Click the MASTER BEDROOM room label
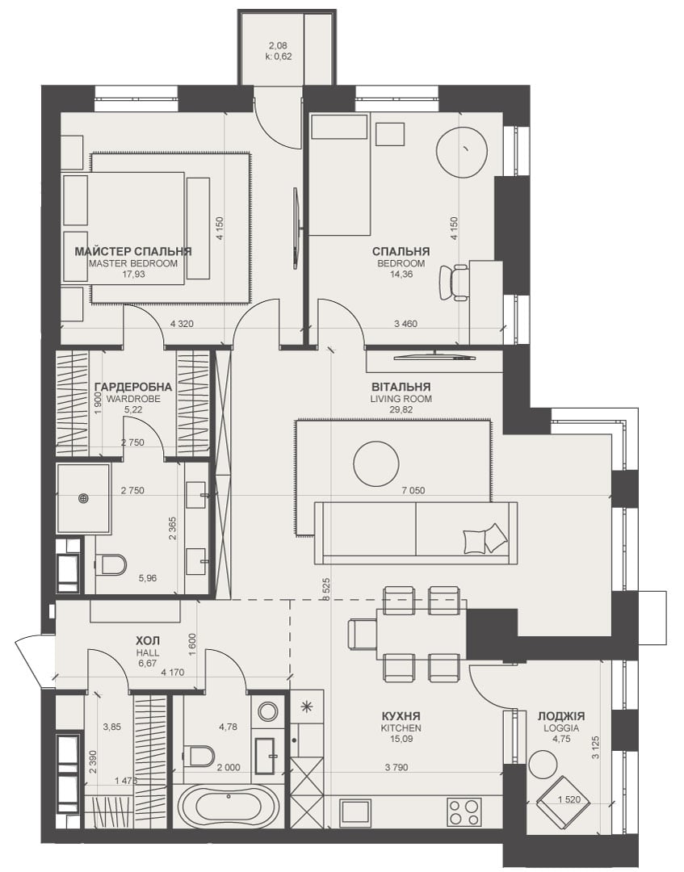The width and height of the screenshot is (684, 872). [x=133, y=263]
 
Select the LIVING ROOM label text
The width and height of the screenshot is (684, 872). [x=401, y=399]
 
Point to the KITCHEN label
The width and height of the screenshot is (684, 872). [x=401, y=728]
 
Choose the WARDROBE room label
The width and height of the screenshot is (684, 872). [x=133, y=399]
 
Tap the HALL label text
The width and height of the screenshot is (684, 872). [x=148, y=653]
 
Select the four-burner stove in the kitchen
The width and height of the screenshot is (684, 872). [x=464, y=812]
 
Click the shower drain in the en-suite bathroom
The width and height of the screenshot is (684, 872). [x=84, y=498]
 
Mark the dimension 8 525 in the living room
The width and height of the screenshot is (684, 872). [x=326, y=589]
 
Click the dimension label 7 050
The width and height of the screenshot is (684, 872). [x=413, y=491]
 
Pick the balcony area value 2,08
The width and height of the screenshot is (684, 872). [x=278, y=46]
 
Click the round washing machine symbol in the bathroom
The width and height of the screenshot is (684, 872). [x=269, y=711]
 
